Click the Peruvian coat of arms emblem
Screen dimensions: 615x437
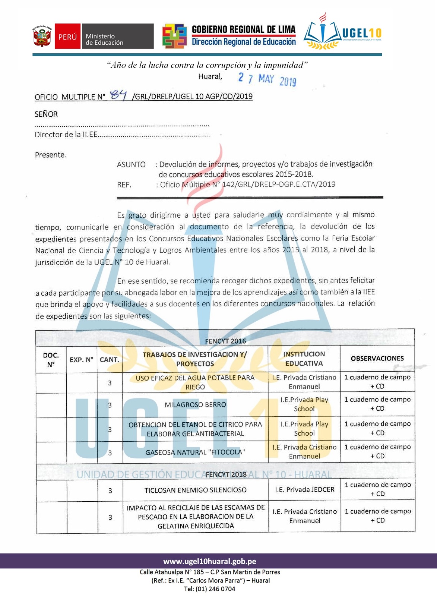tap(42, 37)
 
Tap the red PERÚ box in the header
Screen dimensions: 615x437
tap(67, 37)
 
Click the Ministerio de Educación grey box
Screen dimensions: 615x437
tap(117, 37)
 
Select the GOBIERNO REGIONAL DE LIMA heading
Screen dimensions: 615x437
tap(243, 30)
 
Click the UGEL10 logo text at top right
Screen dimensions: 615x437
tap(361, 34)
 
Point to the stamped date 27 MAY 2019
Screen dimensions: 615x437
tap(267, 79)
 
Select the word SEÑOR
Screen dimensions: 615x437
tap(46, 114)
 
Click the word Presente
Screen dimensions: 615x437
tap(50, 155)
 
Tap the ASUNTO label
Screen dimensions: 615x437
tap(131, 164)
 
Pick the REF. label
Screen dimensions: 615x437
tap(124, 184)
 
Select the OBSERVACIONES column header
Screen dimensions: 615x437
tap(377, 358)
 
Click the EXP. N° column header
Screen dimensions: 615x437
tap(82, 360)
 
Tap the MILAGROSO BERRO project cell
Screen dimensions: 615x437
tap(195, 405)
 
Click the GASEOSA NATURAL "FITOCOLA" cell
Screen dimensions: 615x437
tap(195, 452)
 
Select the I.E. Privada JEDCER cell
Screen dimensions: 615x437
tap(304, 489)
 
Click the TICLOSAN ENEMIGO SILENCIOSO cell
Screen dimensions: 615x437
tap(195, 490)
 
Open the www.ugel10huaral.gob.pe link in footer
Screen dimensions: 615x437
tap(209, 561)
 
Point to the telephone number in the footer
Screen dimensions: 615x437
tap(209, 589)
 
